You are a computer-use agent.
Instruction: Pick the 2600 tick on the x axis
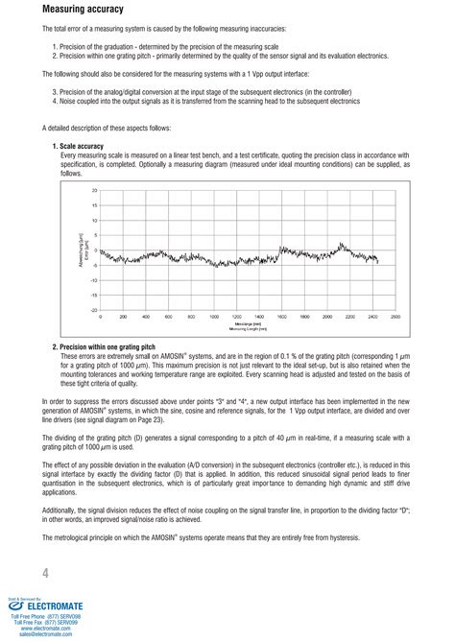395,317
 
